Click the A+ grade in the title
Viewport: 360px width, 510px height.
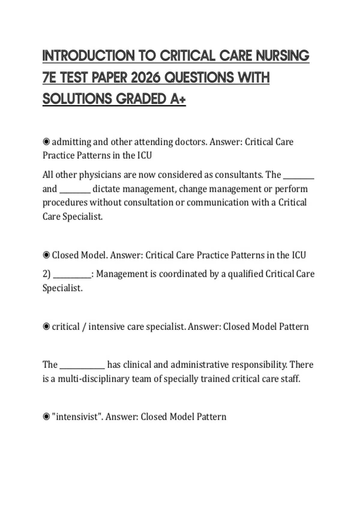pos(178,99)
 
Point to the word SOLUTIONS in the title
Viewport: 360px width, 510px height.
pos(77,99)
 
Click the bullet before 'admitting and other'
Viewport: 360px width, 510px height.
pos(46,142)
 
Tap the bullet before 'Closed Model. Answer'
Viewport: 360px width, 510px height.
pos(46,255)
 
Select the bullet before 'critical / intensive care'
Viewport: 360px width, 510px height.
pos(46,326)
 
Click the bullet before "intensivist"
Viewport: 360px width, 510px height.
pos(46,417)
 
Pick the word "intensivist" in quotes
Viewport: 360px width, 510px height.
pos(77,417)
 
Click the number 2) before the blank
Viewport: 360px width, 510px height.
pos(46,274)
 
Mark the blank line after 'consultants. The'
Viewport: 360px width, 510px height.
pos(298,177)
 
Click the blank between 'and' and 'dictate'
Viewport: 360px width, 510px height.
pos(75,191)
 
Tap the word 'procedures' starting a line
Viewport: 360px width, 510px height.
pos(65,203)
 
